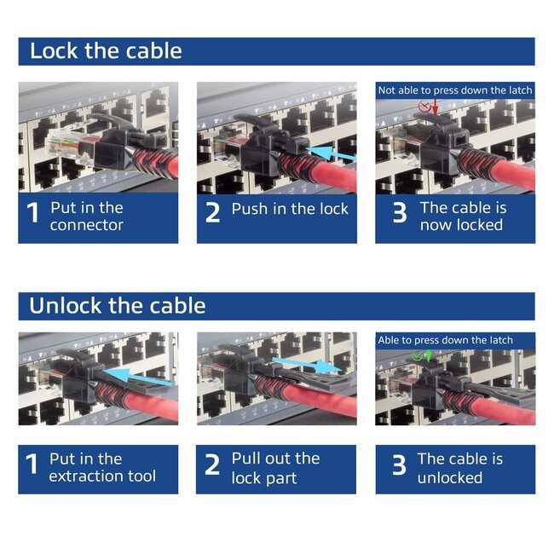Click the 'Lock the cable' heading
click(106, 51)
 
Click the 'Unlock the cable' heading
click(118, 306)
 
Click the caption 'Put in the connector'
click(86, 216)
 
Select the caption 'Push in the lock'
click(290, 209)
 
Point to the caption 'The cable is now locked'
click(463, 216)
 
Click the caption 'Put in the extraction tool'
click(101, 468)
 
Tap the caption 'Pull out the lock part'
click(275, 468)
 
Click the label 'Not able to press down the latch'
click(455, 90)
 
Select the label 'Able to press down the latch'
click(445, 340)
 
